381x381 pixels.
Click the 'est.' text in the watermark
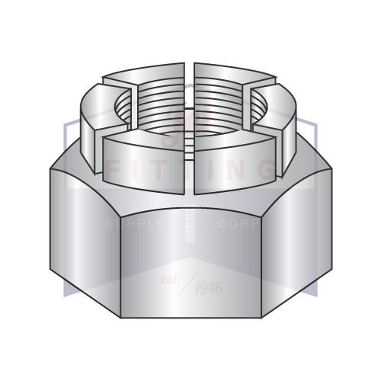(x=172, y=277)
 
